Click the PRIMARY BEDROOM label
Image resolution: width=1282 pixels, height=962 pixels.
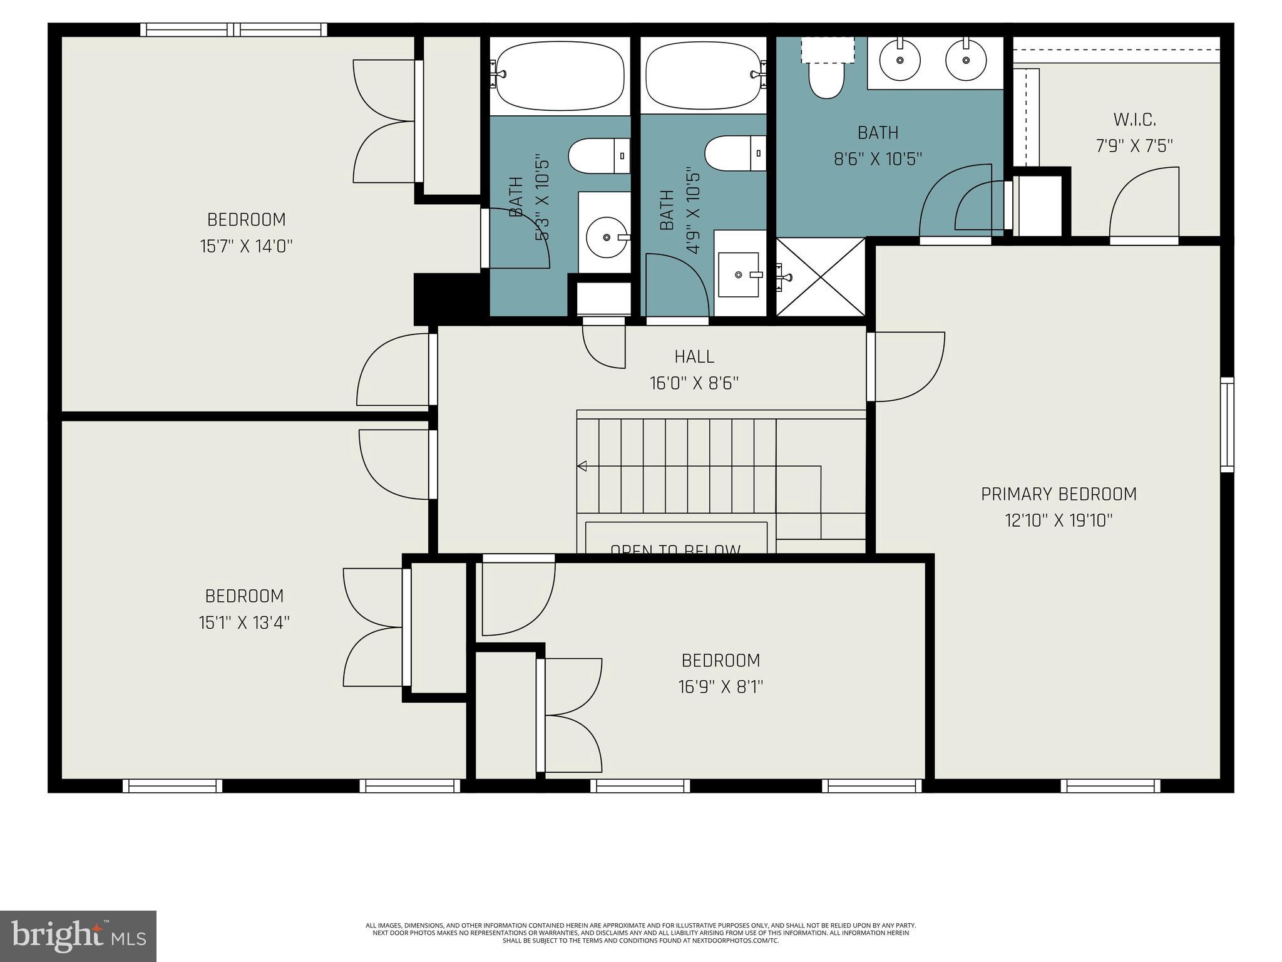(x=1058, y=494)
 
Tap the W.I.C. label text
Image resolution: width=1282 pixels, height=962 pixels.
(x=1134, y=119)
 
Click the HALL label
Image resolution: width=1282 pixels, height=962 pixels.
(x=694, y=356)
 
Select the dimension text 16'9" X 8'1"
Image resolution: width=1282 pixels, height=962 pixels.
(x=720, y=687)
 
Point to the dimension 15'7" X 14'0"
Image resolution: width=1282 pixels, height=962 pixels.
(x=246, y=246)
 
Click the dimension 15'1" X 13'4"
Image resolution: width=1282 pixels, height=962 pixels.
(x=244, y=623)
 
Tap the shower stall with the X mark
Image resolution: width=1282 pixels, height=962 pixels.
(x=821, y=277)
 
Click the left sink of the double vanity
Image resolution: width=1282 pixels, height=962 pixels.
(x=900, y=60)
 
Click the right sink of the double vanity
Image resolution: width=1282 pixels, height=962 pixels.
(x=966, y=60)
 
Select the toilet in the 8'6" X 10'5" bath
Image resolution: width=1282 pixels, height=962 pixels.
(x=826, y=78)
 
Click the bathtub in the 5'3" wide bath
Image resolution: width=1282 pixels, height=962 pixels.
(x=560, y=76)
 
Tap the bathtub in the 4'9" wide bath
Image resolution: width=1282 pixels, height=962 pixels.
(x=704, y=76)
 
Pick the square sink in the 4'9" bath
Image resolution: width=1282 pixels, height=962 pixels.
(x=739, y=274)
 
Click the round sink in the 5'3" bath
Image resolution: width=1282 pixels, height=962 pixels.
(x=606, y=237)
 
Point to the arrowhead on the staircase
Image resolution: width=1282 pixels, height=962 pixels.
(x=582, y=465)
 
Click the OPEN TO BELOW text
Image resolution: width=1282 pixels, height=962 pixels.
(x=675, y=549)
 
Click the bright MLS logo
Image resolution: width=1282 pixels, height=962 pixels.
(x=78, y=936)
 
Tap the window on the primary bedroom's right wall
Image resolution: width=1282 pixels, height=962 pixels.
(x=1227, y=424)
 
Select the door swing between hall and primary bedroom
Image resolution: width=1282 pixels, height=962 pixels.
(x=908, y=366)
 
